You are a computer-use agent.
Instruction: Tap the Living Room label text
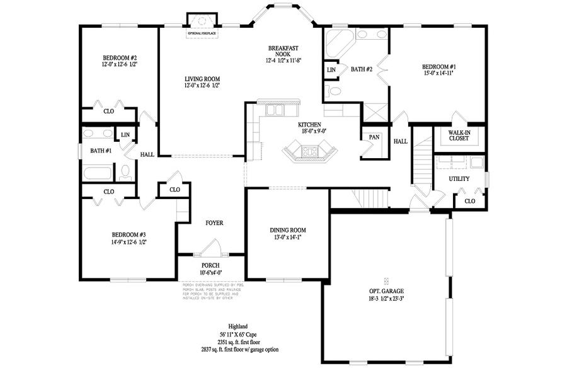tap(202, 79)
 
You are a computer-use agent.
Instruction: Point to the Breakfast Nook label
tap(283, 51)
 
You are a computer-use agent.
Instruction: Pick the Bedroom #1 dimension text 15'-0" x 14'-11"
tap(438, 73)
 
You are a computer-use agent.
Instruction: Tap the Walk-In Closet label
tap(459, 135)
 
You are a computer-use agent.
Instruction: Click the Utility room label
tap(459, 179)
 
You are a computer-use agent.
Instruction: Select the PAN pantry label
tap(374, 137)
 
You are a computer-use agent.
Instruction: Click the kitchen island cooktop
tap(311, 151)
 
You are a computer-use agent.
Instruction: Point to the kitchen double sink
tap(275, 111)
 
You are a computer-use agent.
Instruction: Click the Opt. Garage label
tap(386, 291)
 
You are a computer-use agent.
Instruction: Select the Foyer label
tap(214, 223)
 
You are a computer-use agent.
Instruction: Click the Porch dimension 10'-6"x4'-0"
tap(210, 273)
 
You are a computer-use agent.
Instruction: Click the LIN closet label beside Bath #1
tap(125, 135)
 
